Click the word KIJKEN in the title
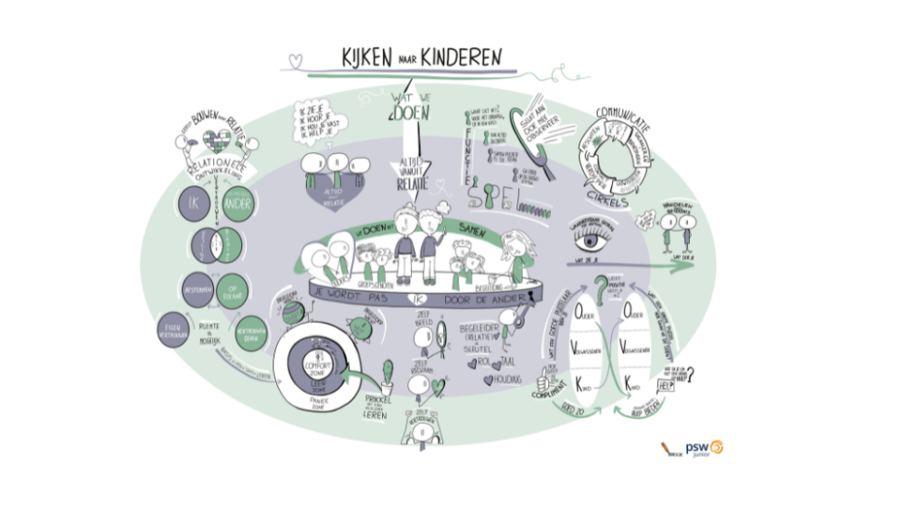(x=352, y=57)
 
